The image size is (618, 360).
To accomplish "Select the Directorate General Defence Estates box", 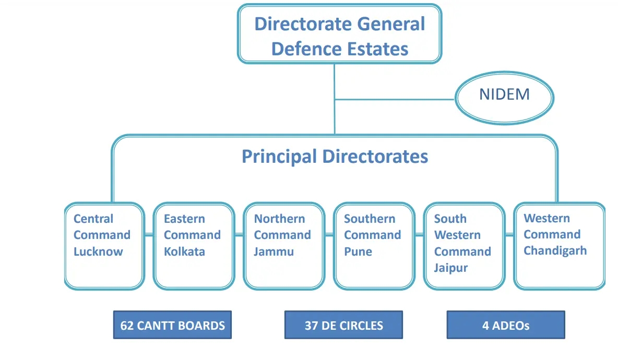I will tap(340, 34).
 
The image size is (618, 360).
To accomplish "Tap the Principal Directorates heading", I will tap(335, 157).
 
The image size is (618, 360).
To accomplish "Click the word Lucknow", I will tap(98, 251).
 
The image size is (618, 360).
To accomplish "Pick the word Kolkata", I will tap(184, 251).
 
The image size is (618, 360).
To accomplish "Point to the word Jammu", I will tap(274, 251).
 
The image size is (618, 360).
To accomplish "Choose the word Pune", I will tap(358, 251).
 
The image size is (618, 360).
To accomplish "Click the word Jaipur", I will tap(451, 268).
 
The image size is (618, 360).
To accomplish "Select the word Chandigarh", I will tap(555, 250).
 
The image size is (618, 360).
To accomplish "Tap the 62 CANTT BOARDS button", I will tap(172, 326).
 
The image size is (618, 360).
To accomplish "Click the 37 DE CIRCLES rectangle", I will tap(343, 326).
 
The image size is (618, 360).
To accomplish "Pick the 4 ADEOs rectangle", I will tap(505, 326).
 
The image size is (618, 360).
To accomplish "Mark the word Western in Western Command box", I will tap(546, 218).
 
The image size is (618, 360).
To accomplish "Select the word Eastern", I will tap(184, 219).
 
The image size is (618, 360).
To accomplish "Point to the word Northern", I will tap(279, 219).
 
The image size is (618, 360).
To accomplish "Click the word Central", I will tap(93, 219).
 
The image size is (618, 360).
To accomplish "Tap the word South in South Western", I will tap(450, 219).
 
